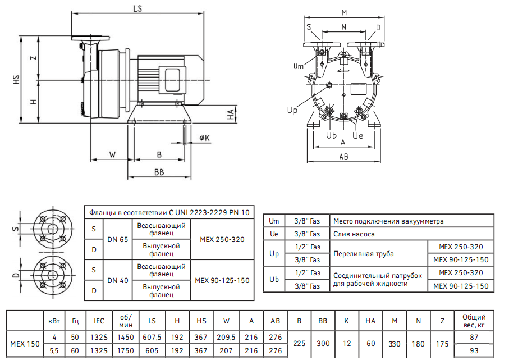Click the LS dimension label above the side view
137,8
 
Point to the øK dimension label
204,138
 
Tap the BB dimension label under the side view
159,172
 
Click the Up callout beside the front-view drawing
292,111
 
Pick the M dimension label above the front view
344,12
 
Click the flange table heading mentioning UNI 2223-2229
168,212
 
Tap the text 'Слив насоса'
354,234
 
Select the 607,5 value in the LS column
152,337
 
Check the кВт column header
54,321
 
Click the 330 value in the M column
395,344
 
